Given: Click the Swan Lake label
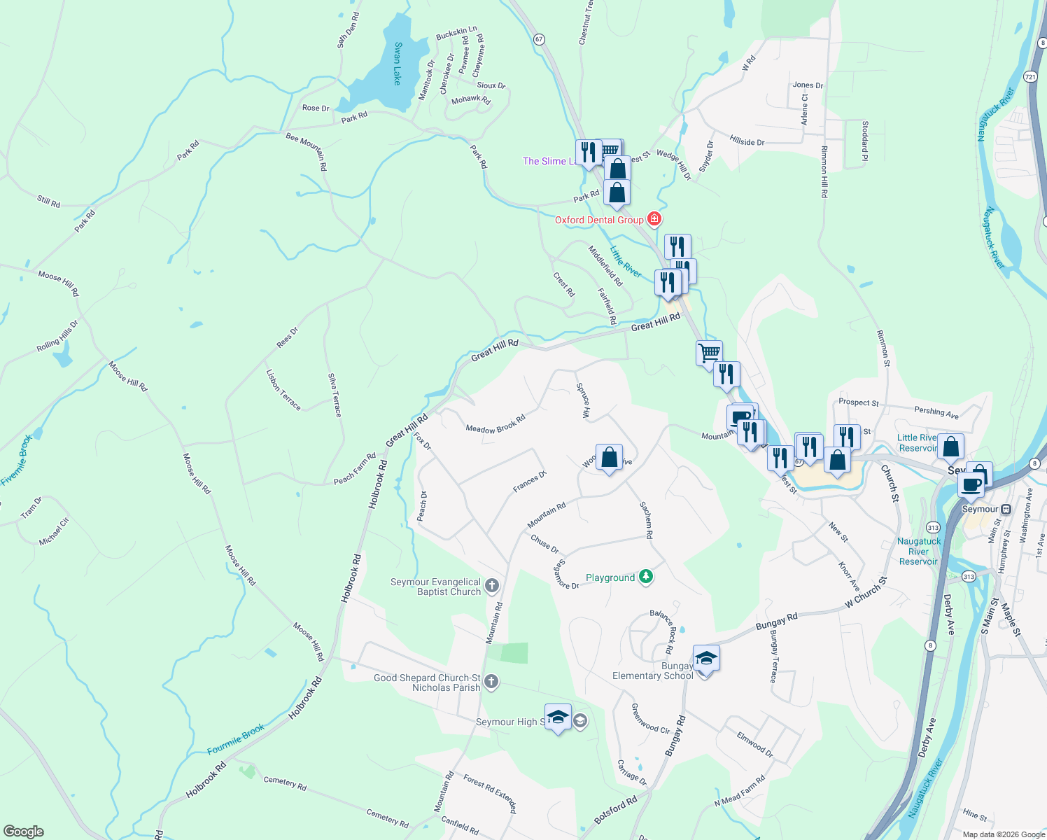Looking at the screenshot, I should click(398, 64).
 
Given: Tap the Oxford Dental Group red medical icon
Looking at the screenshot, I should click(654, 220).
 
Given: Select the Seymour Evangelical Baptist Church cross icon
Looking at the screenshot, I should click(492, 586).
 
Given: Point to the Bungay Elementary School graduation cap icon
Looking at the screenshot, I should click(706, 659).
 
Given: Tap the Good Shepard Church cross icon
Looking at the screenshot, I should click(491, 682).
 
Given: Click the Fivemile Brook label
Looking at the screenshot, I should click(17, 460).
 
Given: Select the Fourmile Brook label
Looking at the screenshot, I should click(236, 739).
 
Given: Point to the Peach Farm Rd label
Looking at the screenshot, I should click(355, 469).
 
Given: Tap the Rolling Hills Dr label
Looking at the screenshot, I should click(57, 337).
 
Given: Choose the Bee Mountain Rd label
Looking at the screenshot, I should click(307, 151).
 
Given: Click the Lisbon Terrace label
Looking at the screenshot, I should click(283, 390).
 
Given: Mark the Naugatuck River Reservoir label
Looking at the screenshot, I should click(919, 551).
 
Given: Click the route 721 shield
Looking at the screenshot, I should click(1030, 76).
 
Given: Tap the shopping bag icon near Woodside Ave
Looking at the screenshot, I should click(609, 458).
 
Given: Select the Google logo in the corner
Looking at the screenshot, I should click(24, 832).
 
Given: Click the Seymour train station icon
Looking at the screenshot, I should click(1006, 509).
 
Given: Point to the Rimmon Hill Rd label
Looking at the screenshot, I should click(824, 171).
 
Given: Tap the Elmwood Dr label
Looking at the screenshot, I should click(754, 745).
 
